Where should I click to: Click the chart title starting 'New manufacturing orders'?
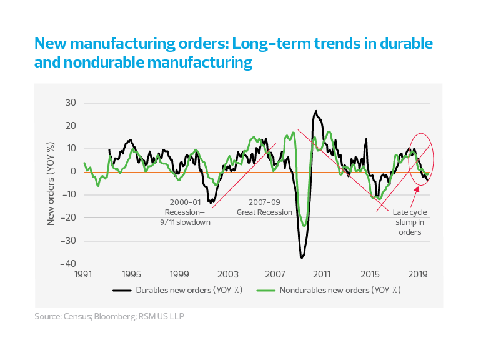234,53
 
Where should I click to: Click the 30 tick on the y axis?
71,103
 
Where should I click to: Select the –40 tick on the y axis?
69,263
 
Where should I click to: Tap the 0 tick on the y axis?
73,171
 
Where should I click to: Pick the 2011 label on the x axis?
322,274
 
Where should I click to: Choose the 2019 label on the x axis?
418,274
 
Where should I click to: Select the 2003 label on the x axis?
227,274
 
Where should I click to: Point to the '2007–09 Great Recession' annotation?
264,207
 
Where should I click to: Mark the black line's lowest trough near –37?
302,257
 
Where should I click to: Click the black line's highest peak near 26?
316,111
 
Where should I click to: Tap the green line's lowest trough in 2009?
304,226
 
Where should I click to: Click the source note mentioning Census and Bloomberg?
109,317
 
